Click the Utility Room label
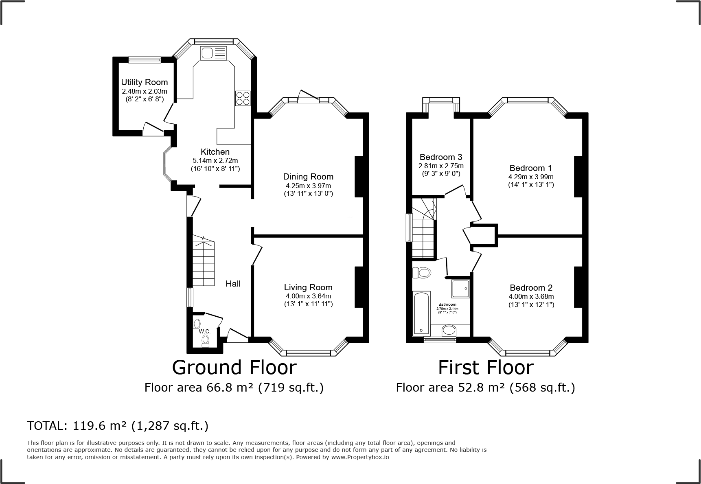145,82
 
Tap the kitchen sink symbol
213,53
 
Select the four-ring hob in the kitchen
243,98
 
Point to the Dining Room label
308,177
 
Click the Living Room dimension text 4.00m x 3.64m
308,296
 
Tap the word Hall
233,284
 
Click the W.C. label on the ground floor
205,332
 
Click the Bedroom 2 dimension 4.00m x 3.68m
531,297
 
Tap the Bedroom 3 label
441,157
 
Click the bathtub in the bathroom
421,313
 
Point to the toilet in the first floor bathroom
422,272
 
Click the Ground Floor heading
234,368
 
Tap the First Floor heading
486,368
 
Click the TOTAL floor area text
118,426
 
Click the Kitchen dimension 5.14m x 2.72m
215,160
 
